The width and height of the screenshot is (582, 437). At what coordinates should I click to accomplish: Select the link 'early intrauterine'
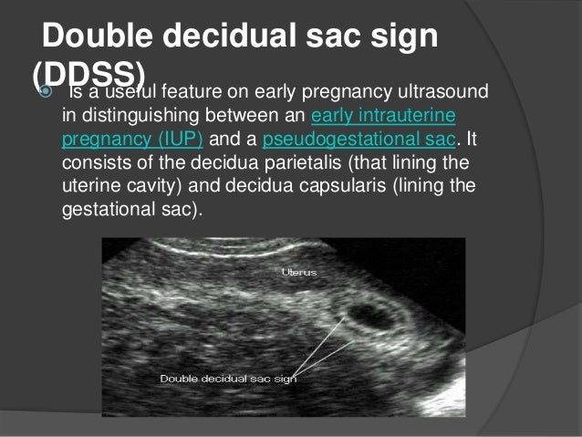tap(383, 118)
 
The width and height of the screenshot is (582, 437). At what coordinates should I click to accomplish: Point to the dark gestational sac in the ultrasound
tap(373, 316)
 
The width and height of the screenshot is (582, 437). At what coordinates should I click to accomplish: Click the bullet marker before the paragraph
tap(47, 93)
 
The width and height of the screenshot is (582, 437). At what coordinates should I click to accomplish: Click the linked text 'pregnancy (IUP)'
tap(133, 140)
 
